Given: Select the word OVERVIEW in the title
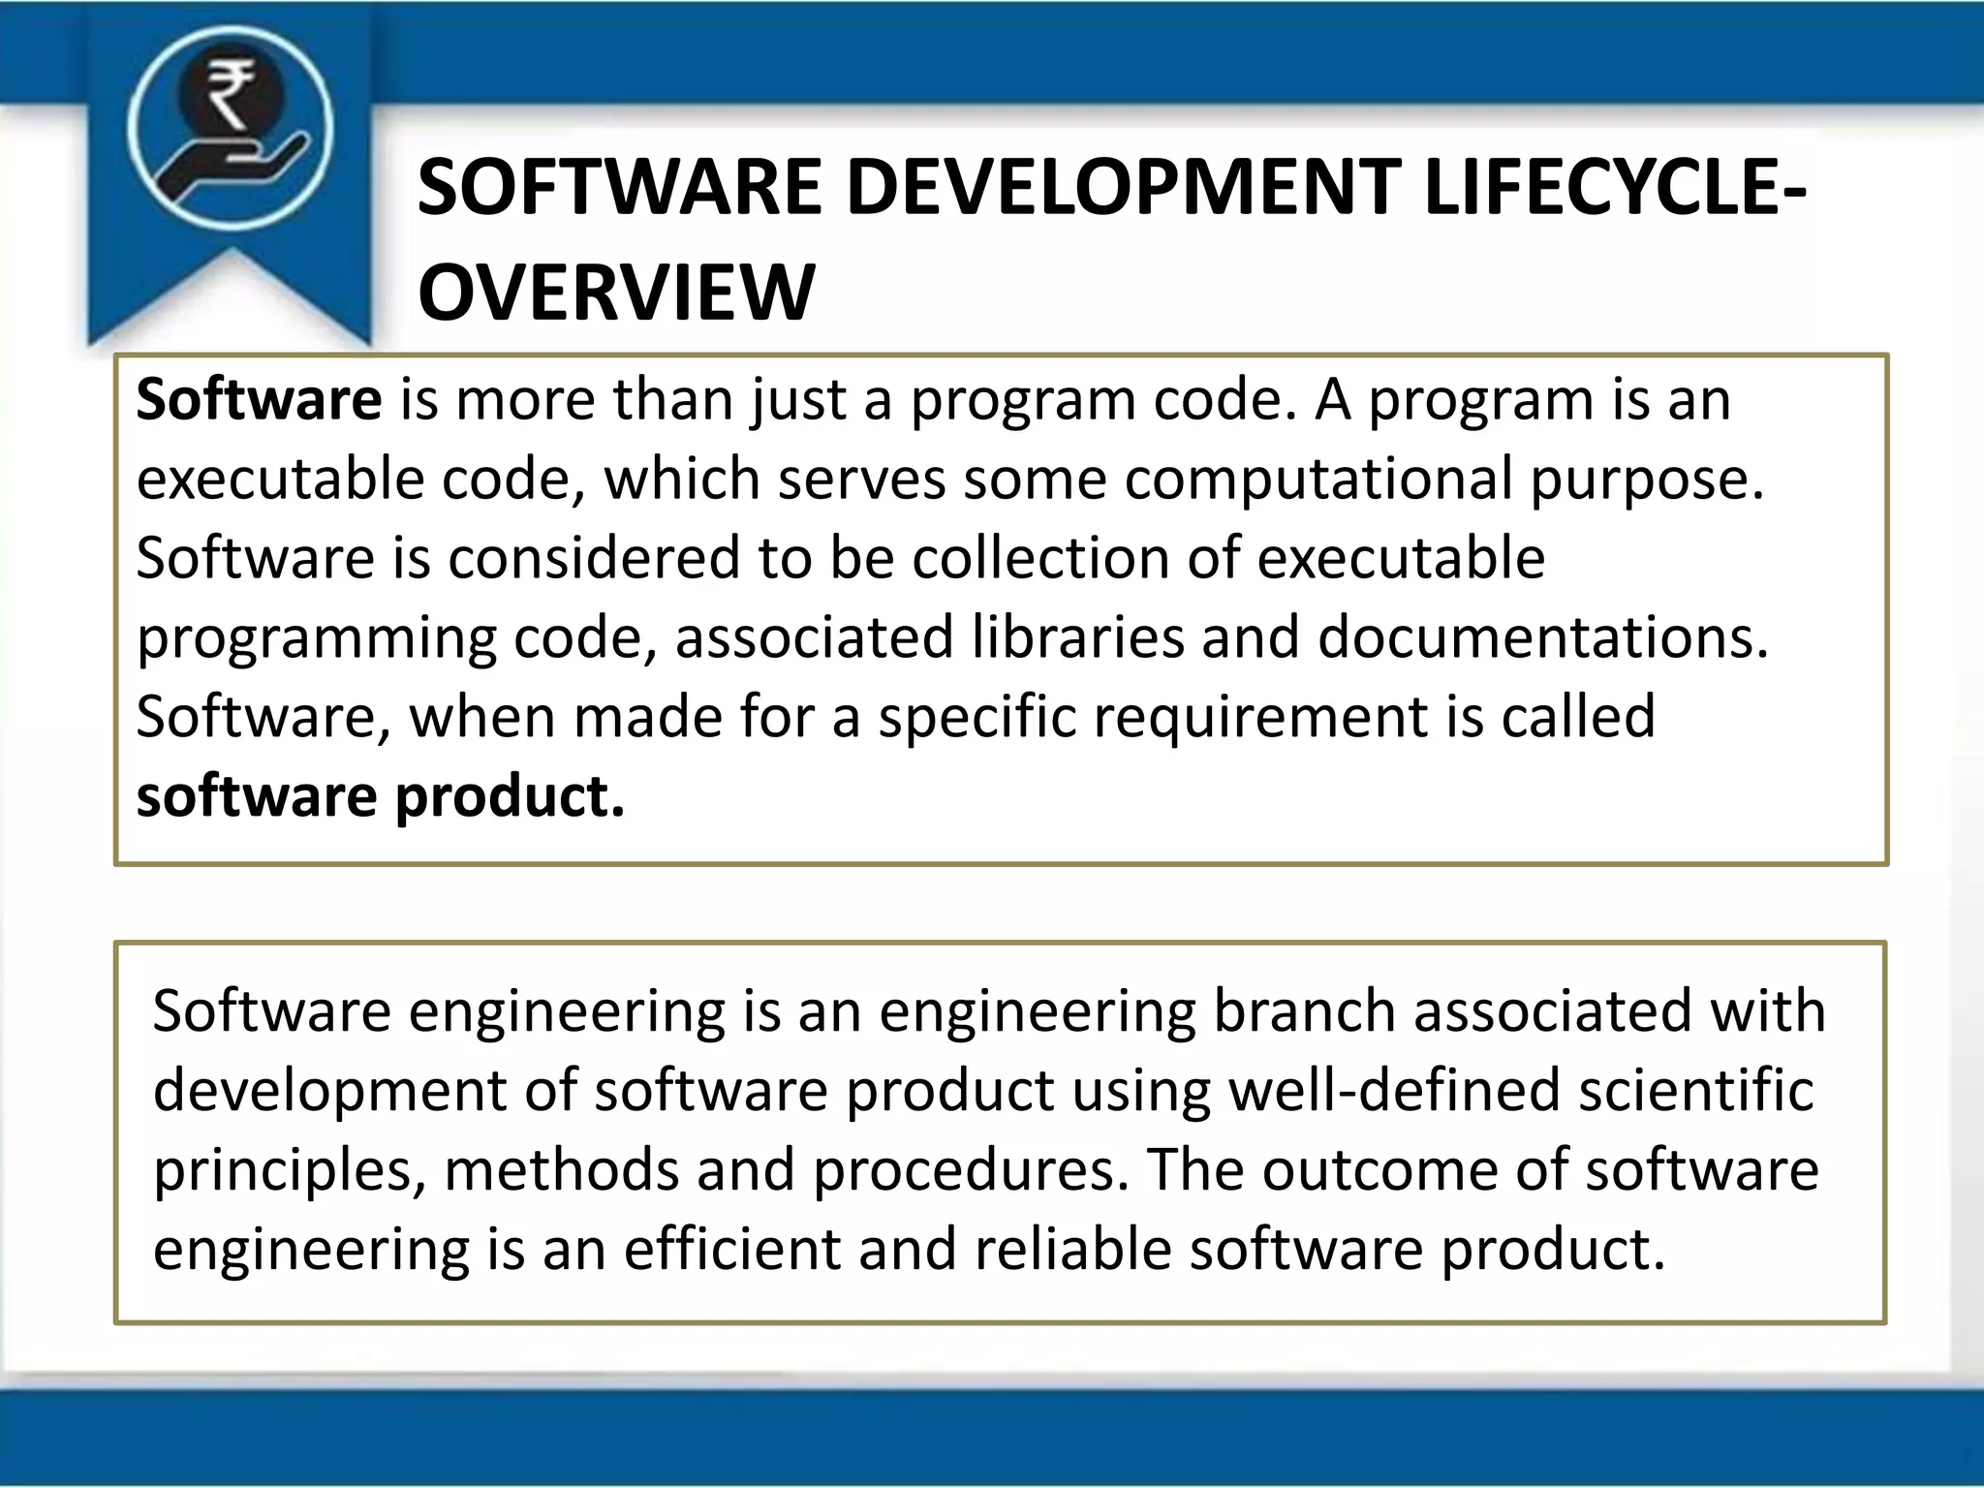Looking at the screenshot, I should point(616,292).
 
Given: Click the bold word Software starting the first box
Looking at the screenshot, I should point(259,399).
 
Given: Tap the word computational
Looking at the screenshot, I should point(1318,479).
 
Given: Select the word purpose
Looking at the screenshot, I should point(1647,480).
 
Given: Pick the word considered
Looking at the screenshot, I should point(595,558).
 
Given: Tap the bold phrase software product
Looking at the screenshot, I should point(381,796).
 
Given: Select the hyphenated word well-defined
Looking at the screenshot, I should point(1395,1090).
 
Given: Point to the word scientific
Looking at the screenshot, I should point(1695,1090).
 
